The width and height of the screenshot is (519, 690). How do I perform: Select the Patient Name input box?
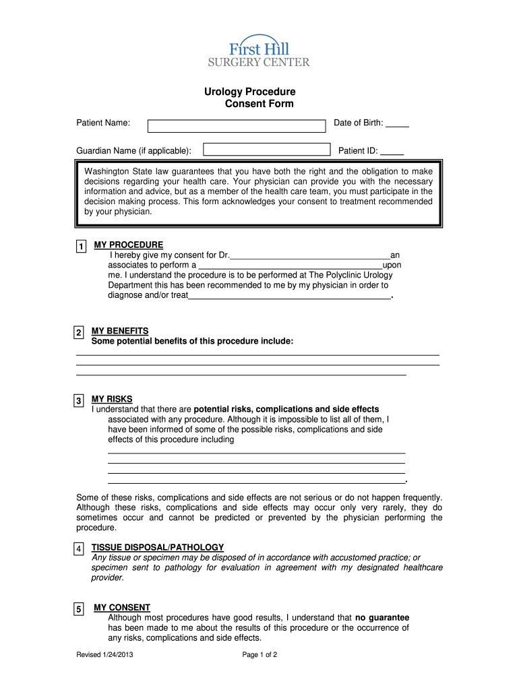[x=236, y=126]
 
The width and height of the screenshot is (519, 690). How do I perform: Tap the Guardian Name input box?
[x=267, y=150]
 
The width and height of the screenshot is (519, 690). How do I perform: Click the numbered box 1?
[x=81, y=247]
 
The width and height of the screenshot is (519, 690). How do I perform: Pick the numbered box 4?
[x=79, y=550]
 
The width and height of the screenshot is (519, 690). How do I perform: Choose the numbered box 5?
[x=79, y=610]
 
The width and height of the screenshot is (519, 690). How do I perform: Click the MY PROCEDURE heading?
[x=128, y=245]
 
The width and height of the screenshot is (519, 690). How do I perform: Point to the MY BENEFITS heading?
[x=120, y=331]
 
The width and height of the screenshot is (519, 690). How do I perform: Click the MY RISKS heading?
[x=112, y=399]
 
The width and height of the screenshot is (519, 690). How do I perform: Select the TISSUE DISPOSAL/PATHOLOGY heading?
[x=158, y=547]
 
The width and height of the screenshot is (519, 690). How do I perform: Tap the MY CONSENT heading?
[x=122, y=607]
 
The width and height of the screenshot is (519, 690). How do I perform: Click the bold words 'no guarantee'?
[x=382, y=617]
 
